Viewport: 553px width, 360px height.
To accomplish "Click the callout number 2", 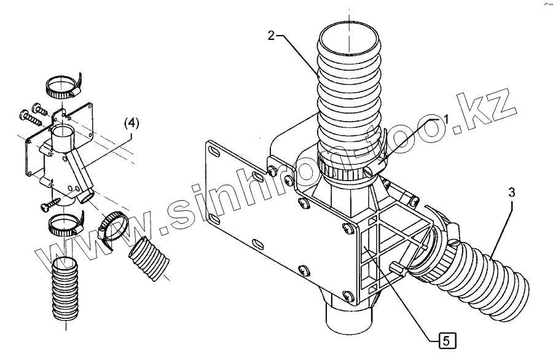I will coord(271,34).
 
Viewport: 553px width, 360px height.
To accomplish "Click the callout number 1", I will coord(447,117).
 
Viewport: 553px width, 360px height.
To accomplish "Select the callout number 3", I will coord(511,192).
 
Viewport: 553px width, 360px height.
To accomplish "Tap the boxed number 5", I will coord(447,339).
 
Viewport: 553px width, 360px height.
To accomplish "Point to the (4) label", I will coord(132,123).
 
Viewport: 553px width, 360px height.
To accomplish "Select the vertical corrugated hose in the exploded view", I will coord(65,288).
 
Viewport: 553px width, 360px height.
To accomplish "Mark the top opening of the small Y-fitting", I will coord(63,133).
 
